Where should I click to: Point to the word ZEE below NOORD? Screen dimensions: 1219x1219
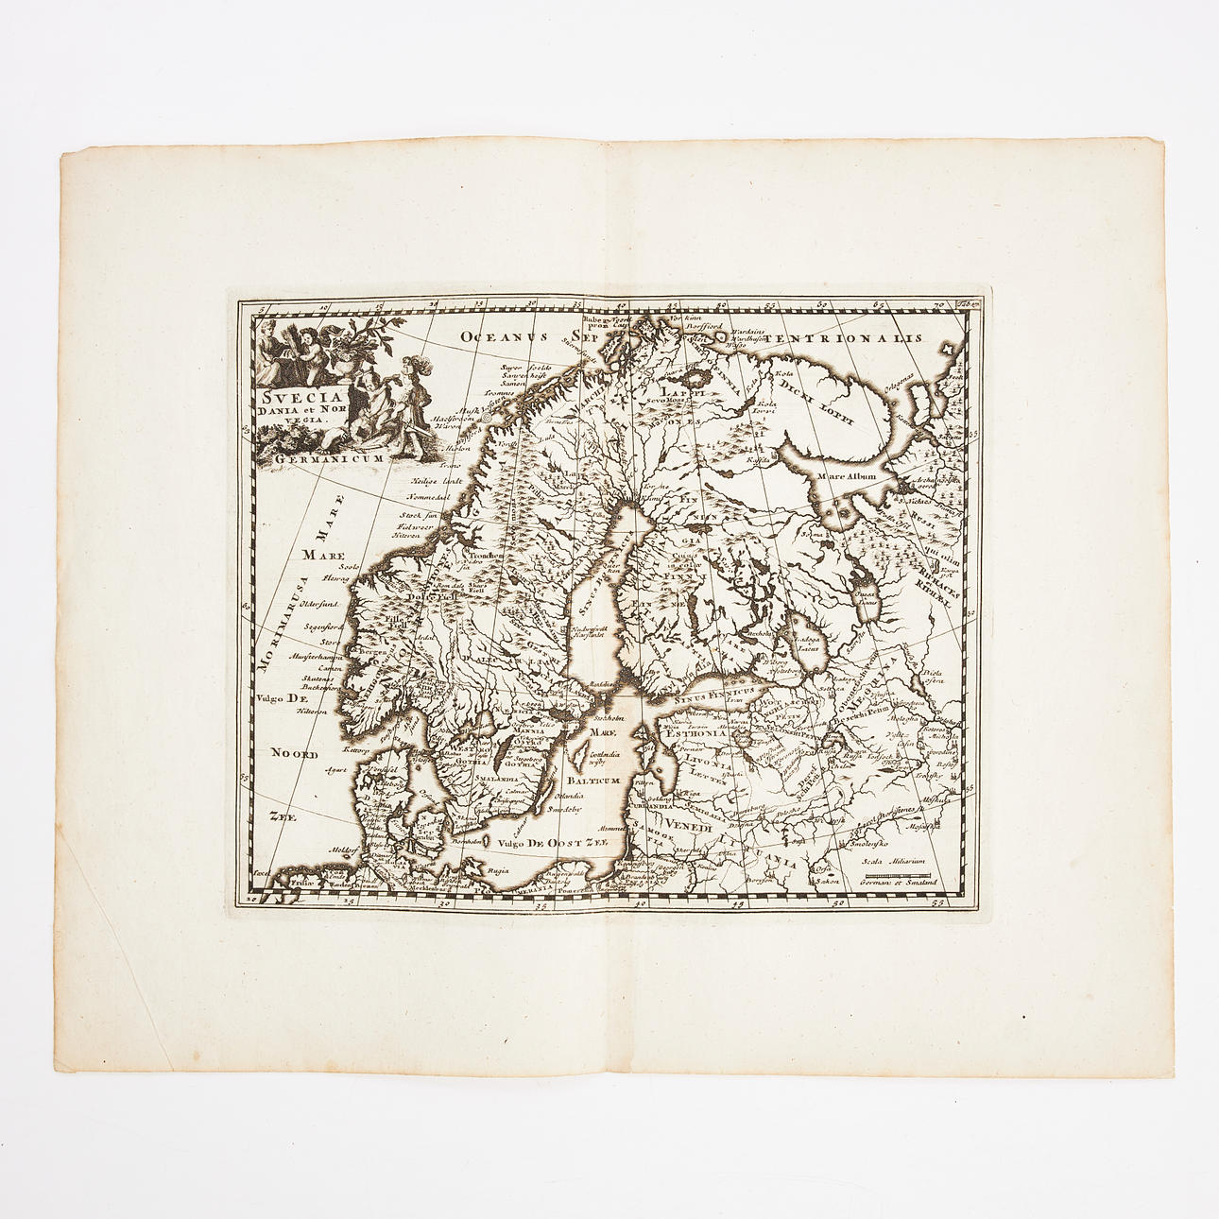[x=278, y=819]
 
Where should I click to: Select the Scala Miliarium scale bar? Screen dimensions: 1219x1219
[x=897, y=880]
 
